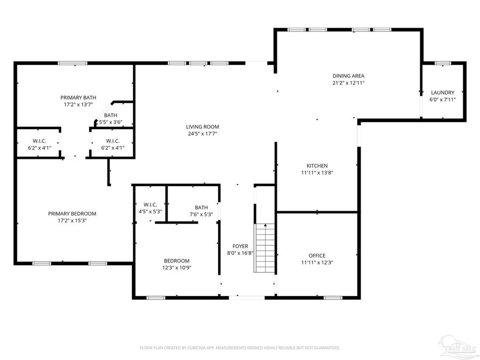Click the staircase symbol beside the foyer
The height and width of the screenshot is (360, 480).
(265, 247)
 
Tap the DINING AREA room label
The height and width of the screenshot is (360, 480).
(348, 76)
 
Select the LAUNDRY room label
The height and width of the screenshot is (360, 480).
(442, 92)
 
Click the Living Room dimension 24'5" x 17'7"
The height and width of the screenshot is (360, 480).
(202, 134)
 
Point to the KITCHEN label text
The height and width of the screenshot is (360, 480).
(317, 165)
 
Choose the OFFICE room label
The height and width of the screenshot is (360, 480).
(317, 255)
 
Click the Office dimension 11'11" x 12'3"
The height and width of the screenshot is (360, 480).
(317, 262)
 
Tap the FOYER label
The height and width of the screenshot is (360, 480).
(239, 246)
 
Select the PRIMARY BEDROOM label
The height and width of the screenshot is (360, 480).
(72, 213)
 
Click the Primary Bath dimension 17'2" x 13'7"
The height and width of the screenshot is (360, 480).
(78, 105)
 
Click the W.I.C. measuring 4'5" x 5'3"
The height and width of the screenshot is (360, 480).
(149, 207)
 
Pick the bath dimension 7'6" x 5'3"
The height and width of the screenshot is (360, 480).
(201, 214)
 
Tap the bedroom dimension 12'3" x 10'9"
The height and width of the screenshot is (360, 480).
(176, 268)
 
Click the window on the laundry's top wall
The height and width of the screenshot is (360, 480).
(442, 63)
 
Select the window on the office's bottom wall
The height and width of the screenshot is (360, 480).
(333, 297)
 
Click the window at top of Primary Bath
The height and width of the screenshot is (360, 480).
(73, 63)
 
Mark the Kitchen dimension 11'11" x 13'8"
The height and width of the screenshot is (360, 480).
(317, 172)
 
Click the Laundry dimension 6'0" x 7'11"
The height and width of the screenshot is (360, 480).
(442, 99)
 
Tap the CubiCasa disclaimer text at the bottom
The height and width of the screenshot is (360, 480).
(239, 348)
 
